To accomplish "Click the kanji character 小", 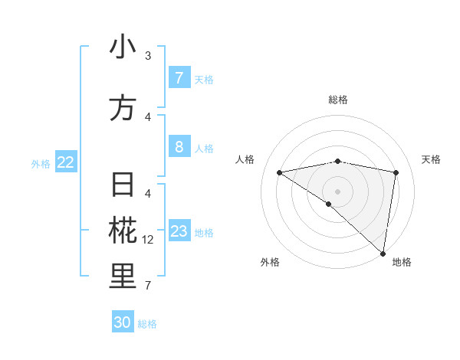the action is click(x=123, y=47).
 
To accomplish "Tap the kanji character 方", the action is click(x=123, y=107).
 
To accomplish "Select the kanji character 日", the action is click(x=123, y=186).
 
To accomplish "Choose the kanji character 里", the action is click(x=123, y=277).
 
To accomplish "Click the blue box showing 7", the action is click(x=179, y=78).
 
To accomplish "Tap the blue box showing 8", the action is click(x=179, y=146).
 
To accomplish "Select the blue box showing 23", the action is click(x=179, y=231).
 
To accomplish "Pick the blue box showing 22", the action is click(x=66, y=162).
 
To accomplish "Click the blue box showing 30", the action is click(x=123, y=322).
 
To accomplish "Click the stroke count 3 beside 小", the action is click(x=148, y=56).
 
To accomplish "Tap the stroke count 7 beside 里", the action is click(x=148, y=286).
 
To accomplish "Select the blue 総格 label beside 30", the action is click(x=147, y=324).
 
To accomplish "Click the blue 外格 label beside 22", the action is click(x=41, y=163).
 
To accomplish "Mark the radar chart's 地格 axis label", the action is click(x=402, y=262).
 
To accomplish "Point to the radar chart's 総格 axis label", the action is click(x=337, y=100).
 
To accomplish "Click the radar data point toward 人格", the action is click(x=279, y=172).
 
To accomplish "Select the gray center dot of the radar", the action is click(x=337, y=191).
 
